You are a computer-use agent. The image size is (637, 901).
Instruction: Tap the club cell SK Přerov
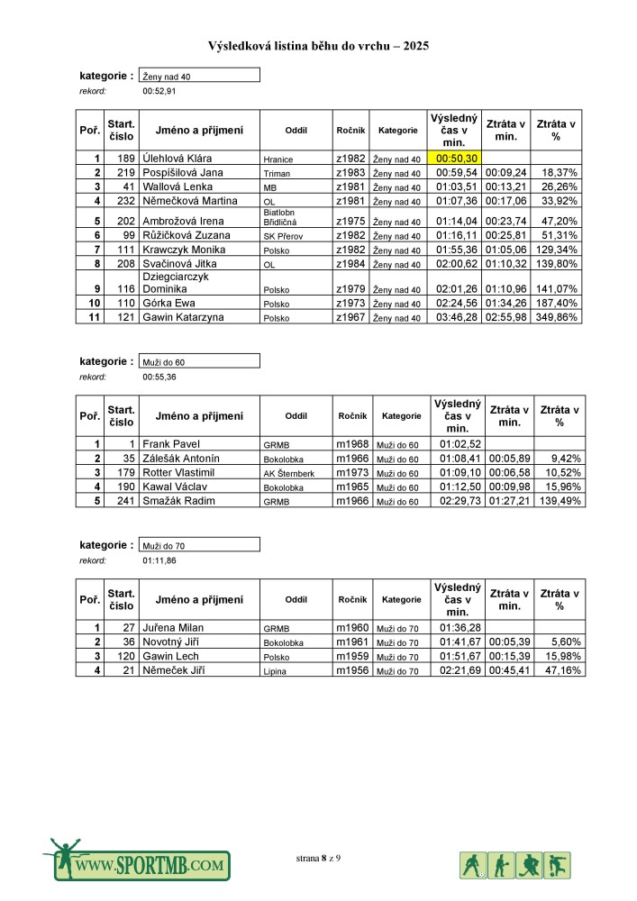[x=280, y=235]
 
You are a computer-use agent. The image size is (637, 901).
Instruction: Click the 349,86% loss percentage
[x=557, y=318]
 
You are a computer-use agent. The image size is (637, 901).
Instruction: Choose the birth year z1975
[x=350, y=221]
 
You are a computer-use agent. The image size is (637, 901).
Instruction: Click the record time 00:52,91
[x=159, y=91]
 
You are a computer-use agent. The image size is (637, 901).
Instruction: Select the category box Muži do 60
[x=199, y=361]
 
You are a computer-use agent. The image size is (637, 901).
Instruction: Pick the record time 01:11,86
[x=159, y=560]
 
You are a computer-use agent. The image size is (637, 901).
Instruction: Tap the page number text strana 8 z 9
[x=318, y=858]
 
